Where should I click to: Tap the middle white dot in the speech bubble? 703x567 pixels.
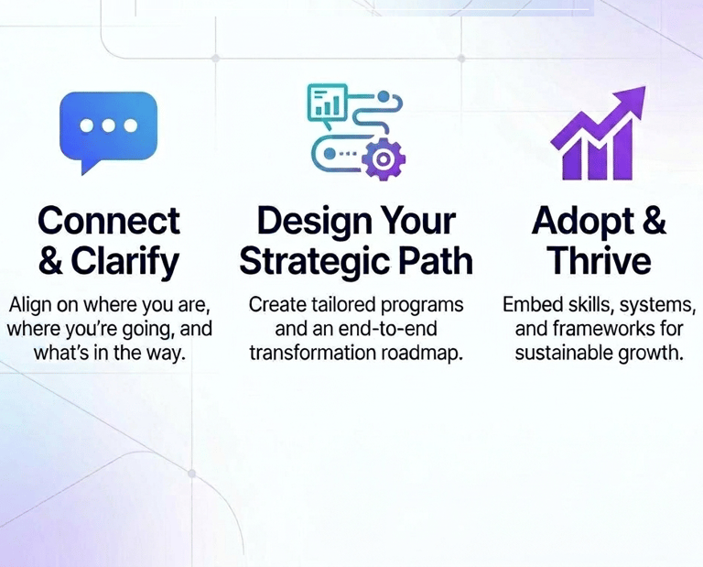click(109, 126)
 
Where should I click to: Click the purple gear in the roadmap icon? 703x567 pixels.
click(384, 158)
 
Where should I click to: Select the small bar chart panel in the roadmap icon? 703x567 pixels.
click(328, 103)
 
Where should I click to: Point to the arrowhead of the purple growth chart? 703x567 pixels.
click(631, 100)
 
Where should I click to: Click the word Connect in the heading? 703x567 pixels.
click(109, 221)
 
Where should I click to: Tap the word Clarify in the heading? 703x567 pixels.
click(125, 262)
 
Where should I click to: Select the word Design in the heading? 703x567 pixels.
click(311, 222)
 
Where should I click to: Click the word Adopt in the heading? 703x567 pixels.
click(583, 222)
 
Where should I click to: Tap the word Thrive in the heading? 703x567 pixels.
click(600, 261)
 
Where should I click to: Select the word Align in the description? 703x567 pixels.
click(30, 305)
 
